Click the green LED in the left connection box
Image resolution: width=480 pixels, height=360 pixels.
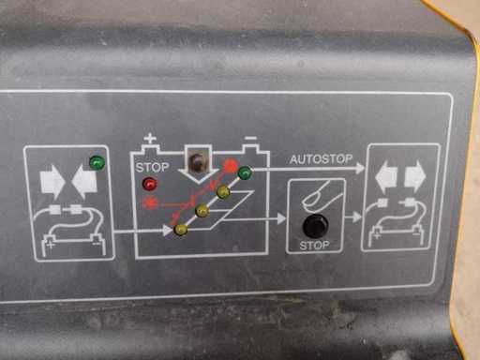97,163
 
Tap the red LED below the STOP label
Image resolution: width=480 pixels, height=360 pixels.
150,184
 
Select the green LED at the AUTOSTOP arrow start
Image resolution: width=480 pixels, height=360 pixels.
245,172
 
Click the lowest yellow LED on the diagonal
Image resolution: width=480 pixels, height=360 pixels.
181,230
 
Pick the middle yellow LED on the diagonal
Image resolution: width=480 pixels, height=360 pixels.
202,211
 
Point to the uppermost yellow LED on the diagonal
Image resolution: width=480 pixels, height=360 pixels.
223,192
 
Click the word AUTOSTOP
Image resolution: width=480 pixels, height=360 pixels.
321,159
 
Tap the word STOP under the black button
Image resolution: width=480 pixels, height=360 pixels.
314,246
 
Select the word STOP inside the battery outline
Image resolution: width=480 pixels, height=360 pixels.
152,168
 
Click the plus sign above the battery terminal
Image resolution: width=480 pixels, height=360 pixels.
150,138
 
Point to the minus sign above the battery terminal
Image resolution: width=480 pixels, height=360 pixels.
250,138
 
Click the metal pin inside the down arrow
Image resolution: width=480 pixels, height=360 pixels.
197,161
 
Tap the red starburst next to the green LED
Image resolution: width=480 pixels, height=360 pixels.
231,166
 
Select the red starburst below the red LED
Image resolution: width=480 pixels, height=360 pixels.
150,203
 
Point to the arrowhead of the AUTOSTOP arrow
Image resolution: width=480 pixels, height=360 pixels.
359,168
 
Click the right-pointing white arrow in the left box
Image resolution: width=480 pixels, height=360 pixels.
52,182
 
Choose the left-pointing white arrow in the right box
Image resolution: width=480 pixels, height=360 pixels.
386,177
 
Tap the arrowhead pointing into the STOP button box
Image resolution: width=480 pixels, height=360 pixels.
281,218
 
